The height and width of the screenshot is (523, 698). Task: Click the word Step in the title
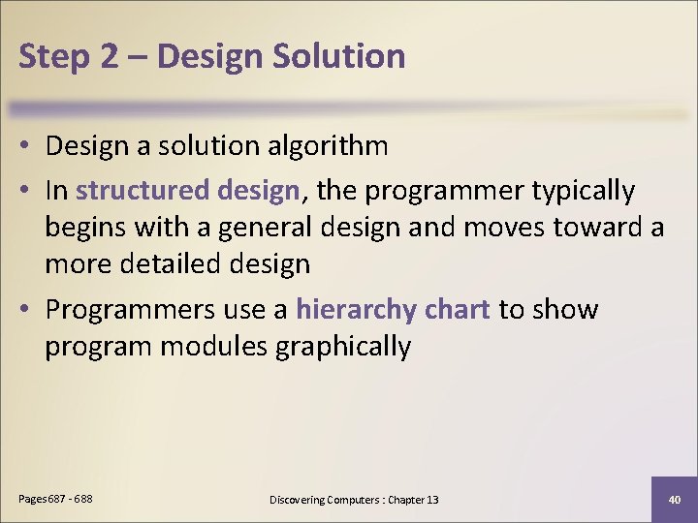pos(53,56)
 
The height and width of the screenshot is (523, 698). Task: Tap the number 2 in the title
pos(110,56)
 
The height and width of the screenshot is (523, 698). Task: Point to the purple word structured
pos(143,191)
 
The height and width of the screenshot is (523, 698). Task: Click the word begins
pos(85,227)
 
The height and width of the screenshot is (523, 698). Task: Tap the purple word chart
pos(459,310)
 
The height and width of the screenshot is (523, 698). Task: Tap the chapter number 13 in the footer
pos(431,500)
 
